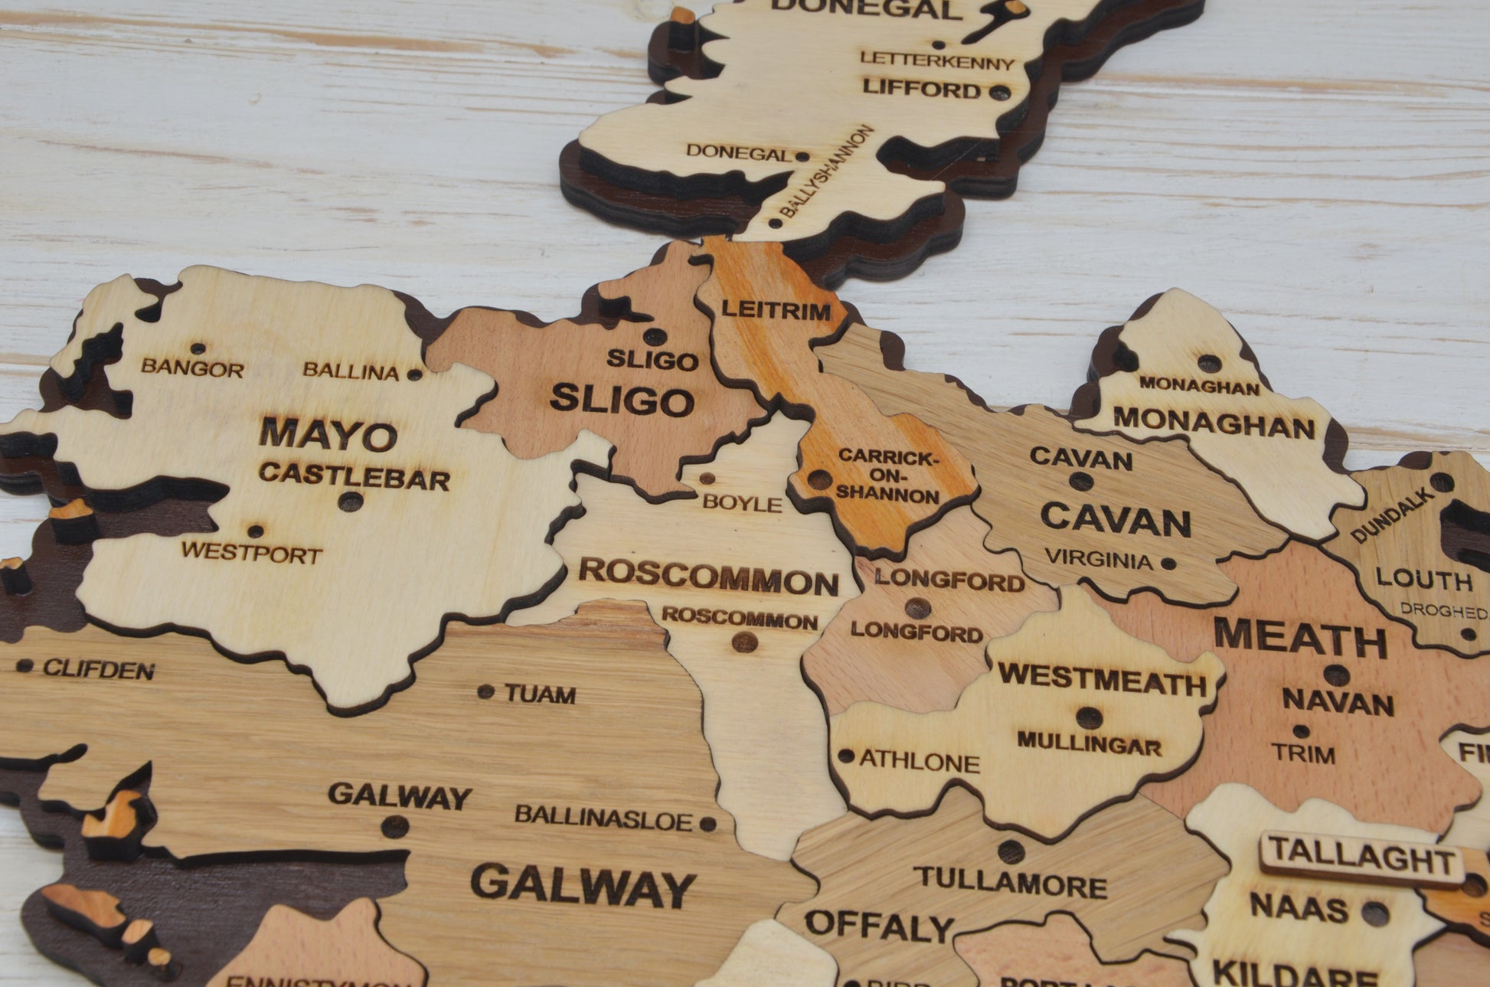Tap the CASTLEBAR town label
[x=354, y=476]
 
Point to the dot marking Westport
[x=255, y=531]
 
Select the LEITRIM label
[x=776, y=311]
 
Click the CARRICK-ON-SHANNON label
[x=887, y=476]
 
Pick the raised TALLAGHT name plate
[x=1361, y=858]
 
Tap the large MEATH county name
[x=1300, y=638]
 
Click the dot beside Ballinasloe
[x=708, y=824]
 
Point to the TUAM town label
[x=540, y=694]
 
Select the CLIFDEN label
[x=98, y=670]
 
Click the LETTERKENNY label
[x=936, y=60]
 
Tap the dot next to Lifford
[x=999, y=93]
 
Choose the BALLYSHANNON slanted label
[x=827, y=172]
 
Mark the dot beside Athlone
[x=846, y=756]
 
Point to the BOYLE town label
[x=742, y=502]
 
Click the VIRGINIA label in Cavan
[x=1099, y=559]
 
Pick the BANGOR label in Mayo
[x=192, y=368]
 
